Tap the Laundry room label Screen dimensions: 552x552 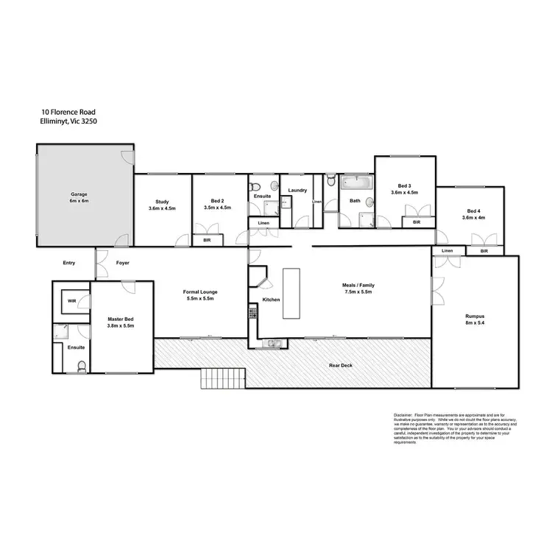(297, 191)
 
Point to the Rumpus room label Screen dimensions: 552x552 (474, 315)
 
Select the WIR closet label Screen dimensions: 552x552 (72, 301)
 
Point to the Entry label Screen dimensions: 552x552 (69, 263)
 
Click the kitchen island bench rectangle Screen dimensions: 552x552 (291, 293)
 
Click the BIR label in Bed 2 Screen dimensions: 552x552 (207, 239)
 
